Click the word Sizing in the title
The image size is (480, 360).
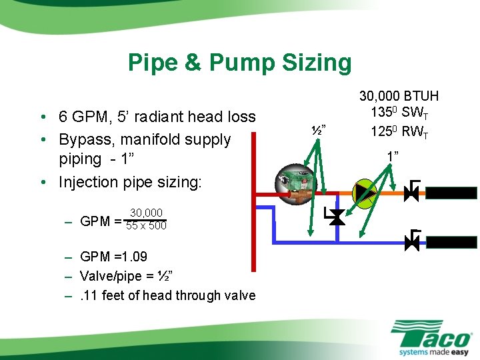[316, 63]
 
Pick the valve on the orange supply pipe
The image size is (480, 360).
[412, 193]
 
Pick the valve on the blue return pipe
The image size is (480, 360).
[412, 241]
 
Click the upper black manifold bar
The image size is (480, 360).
[451, 193]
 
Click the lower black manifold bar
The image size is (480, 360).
[451, 241]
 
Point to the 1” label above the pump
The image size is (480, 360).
[392, 156]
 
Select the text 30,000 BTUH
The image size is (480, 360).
[399, 96]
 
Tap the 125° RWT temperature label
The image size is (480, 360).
[399, 131]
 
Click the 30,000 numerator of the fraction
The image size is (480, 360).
[146, 213]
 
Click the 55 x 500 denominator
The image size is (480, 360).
[146, 226]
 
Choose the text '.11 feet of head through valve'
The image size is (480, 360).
[167, 295]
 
